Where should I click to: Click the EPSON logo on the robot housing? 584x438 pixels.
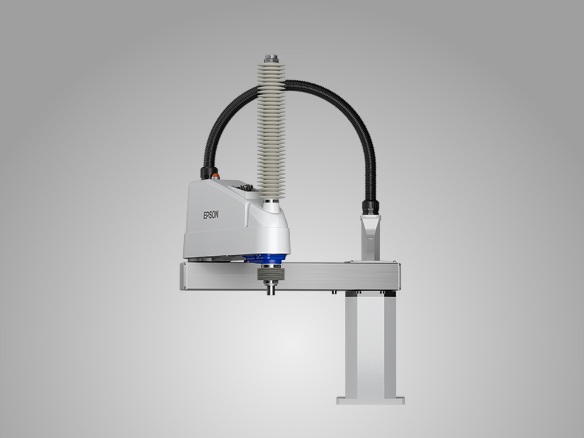(x=211, y=215)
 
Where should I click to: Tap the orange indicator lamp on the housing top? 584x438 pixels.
(x=215, y=175)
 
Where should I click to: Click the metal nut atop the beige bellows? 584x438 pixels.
(x=272, y=59)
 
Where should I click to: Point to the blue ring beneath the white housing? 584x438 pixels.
(x=265, y=259)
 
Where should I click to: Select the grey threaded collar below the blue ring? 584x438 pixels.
(x=271, y=274)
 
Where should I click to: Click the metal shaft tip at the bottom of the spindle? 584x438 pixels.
(x=271, y=289)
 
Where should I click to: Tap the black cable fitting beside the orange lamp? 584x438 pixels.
(x=206, y=173)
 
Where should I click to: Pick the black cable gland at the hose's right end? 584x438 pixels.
(x=370, y=207)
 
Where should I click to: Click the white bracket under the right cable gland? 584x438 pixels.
(x=370, y=237)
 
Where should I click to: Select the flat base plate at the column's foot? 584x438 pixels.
(x=371, y=401)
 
